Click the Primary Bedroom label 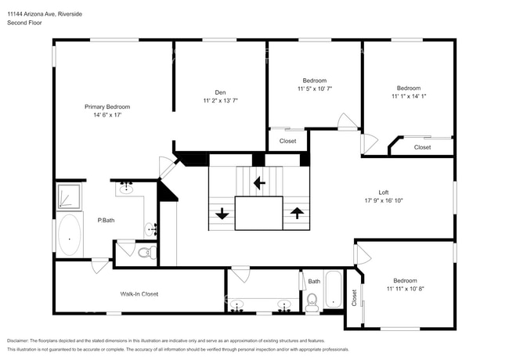[107, 106]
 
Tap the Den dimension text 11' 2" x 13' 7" [221, 100]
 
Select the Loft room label [384, 192]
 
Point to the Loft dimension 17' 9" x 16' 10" [384, 200]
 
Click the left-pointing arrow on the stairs [259, 183]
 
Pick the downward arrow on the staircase [222, 212]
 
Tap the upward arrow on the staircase [297, 212]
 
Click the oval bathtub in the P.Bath [70, 234]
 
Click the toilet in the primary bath [145, 252]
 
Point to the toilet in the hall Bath [312, 301]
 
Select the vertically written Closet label [353, 297]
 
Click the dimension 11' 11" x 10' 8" [405, 289]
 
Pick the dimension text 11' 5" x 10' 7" [314, 88]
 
